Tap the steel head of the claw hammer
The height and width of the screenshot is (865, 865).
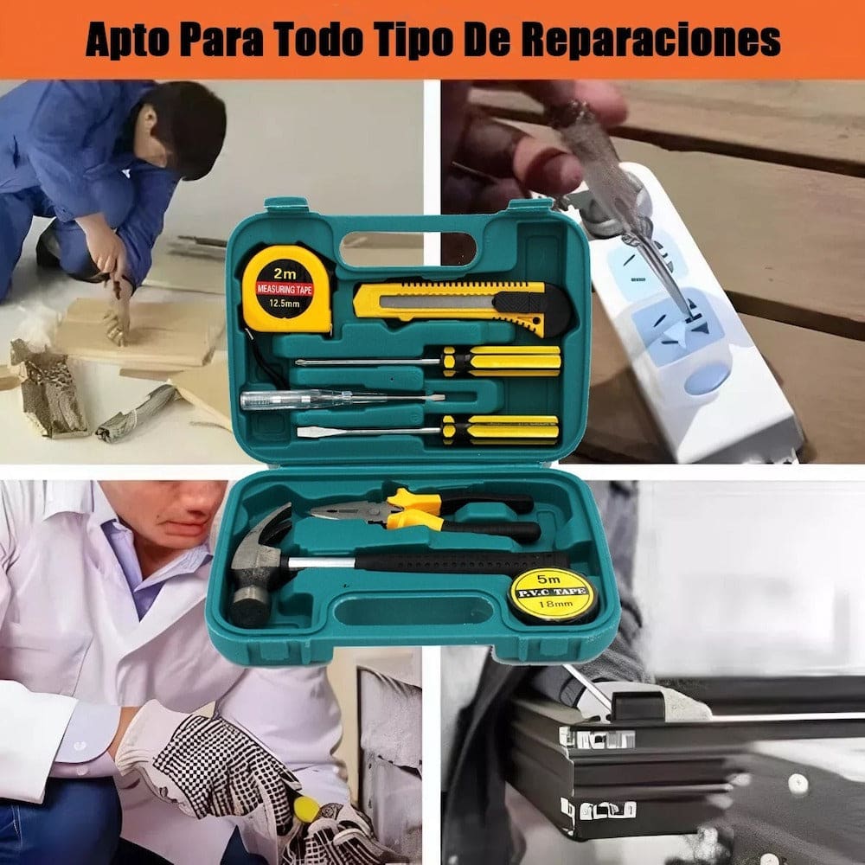259,562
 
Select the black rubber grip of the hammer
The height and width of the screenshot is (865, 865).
458,561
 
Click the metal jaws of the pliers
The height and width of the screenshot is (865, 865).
346,513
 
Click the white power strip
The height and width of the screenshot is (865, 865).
692,329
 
